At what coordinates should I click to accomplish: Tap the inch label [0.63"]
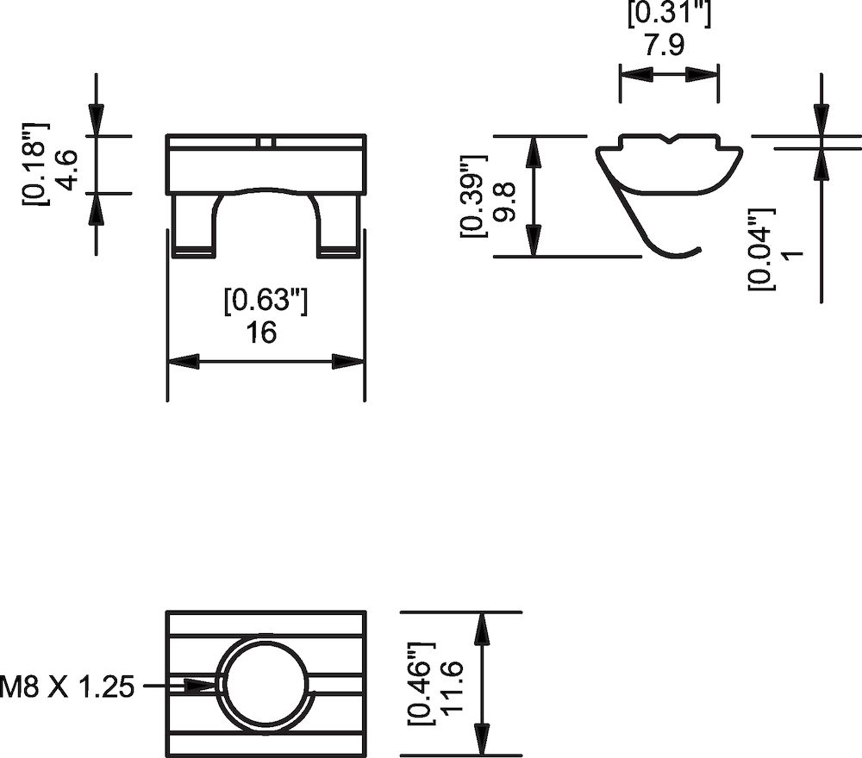[x=265, y=301]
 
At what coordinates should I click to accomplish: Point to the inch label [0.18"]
[x=37, y=165]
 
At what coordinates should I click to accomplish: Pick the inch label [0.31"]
[x=669, y=15]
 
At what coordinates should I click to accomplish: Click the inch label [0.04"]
[x=762, y=249]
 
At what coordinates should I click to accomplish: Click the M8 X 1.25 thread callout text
[x=67, y=687]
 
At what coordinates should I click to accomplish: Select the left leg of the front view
[x=194, y=226]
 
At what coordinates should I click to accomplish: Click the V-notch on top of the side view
[x=670, y=139]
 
